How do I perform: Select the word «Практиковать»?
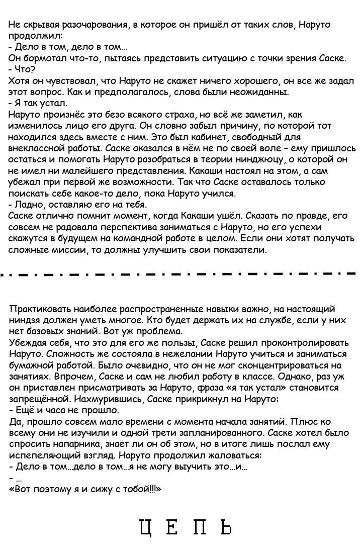click(x=40, y=309)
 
